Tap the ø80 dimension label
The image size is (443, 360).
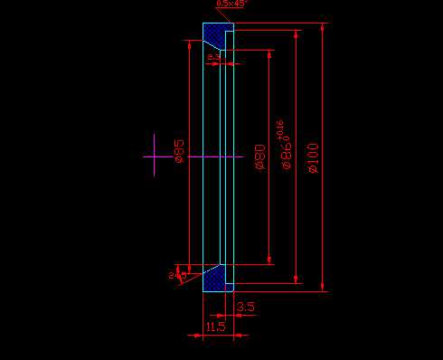pos(259,157)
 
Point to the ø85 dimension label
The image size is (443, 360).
pos(179,150)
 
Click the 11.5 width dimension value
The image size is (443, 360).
pos(215,327)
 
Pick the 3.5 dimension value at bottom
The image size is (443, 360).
pos(245,308)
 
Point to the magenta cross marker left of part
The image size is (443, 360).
pos(155,156)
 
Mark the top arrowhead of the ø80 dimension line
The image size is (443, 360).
pos(269,52)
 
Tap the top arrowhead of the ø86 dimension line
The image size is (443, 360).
pos(296,33)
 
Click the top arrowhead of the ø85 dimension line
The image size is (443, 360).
pos(187,45)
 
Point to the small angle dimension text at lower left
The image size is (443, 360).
pos(171,273)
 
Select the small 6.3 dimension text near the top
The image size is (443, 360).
pos(213,57)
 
